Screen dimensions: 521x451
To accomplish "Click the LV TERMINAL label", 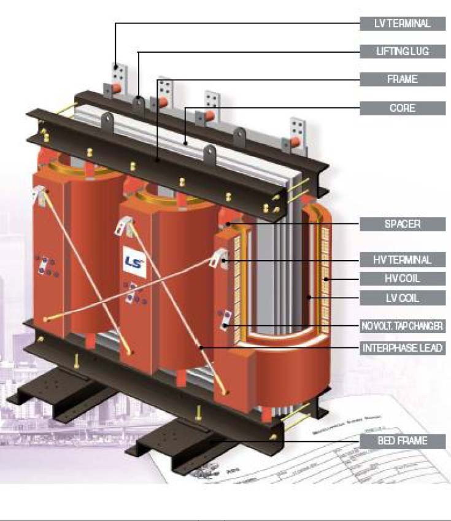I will (403, 24).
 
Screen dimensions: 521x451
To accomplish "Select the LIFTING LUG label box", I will (403, 52).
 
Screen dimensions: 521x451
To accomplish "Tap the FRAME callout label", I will (403, 79).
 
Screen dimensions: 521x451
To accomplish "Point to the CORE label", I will (403, 108).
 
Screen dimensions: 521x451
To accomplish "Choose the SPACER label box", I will (403, 224).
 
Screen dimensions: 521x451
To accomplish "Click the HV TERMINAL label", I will (403, 260).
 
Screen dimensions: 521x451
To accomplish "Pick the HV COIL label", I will (403, 279).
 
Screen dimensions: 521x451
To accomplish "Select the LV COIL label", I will (403, 299).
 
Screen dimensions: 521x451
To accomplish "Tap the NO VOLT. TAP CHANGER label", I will (403, 326).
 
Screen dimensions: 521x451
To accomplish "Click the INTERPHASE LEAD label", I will (403, 348).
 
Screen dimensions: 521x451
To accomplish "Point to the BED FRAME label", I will (403, 441).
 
